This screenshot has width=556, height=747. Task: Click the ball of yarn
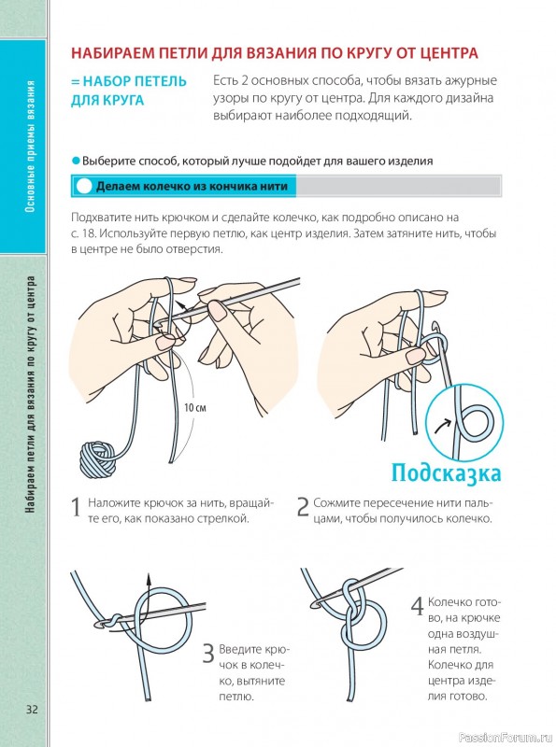tap(98, 458)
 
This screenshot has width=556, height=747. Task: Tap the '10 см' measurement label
tap(195, 408)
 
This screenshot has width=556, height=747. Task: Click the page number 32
tap(32, 709)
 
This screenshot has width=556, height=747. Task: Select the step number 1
tap(76, 508)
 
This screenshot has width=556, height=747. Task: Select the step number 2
tap(303, 507)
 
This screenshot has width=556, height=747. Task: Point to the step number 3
tap(208, 654)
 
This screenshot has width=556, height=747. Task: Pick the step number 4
tap(418, 606)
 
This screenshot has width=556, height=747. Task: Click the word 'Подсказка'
tap(447, 473)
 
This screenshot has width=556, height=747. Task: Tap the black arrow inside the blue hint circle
tap(443, 426)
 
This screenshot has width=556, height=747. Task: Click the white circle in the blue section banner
tap(84, 186)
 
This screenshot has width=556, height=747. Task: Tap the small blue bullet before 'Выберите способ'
tap(76, 161)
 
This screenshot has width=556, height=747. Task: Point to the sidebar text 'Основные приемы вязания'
tap(31, 147)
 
